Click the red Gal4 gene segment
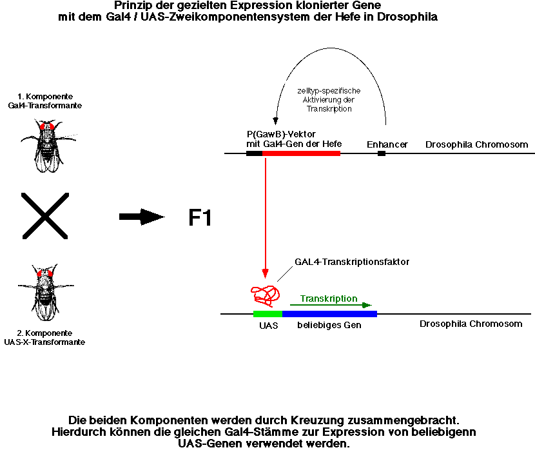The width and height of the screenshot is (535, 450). coord(301,153)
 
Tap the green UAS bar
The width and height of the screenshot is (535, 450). coord(268,314)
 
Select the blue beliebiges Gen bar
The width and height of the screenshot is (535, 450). coord(329,314)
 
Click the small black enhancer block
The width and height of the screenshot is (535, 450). coord(382,153)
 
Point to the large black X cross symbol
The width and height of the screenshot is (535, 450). coord(45,215)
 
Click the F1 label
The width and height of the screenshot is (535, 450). coord(200,218)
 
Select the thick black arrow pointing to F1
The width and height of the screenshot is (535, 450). coord(142,217)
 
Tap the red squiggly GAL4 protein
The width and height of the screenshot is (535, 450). coord(266,295)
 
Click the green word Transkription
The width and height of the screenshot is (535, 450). coord(329,298)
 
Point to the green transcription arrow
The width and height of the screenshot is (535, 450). coord(331,305)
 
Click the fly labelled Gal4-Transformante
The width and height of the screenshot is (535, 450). coord(48,145)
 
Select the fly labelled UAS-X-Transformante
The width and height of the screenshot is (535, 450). coord(46,292)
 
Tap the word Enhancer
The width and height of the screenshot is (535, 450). coord(387,144)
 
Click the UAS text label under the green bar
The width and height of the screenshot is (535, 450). coord(269,326)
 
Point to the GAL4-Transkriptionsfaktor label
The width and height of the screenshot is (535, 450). coord(352,262)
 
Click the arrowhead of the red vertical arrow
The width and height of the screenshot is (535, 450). coord(265,273)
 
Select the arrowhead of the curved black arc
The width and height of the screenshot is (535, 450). coord(275,121)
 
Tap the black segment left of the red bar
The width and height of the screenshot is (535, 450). coord(254,153)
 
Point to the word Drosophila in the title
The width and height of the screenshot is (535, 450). coord(407,17)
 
